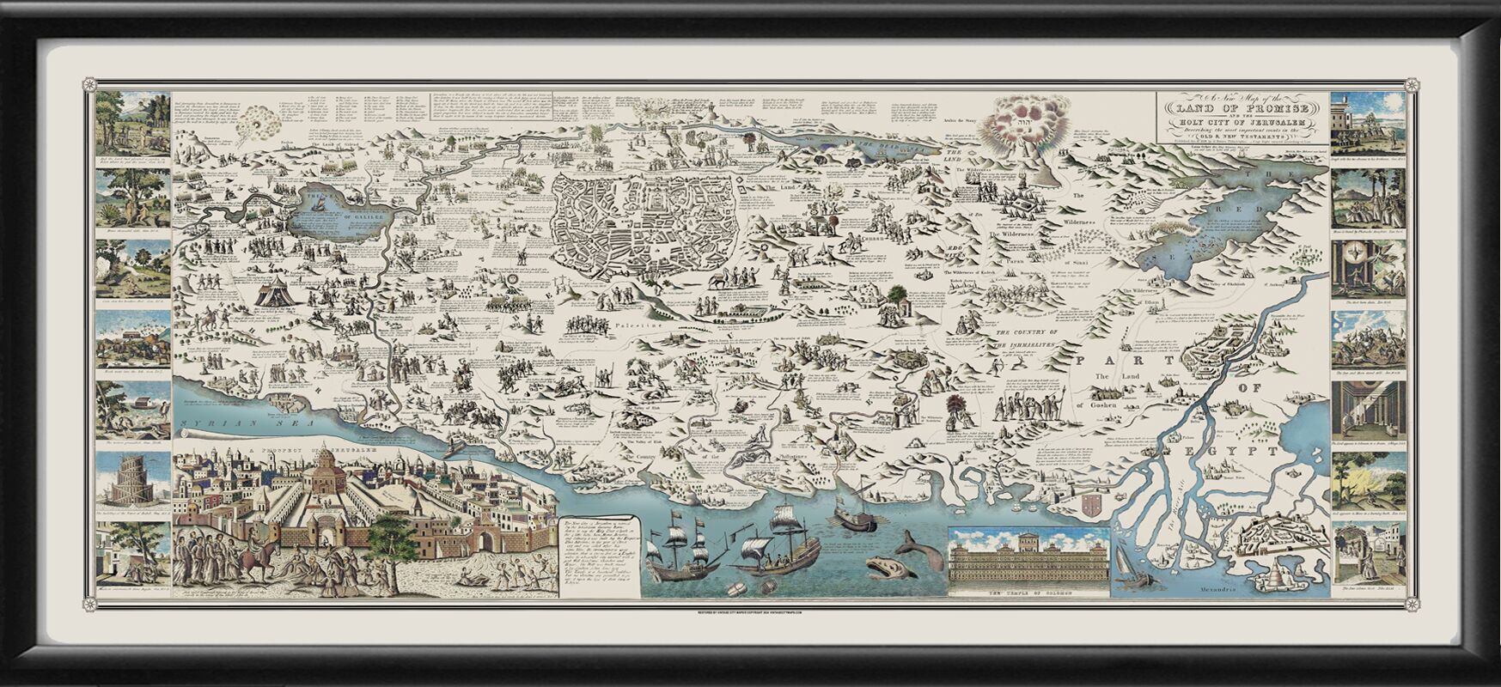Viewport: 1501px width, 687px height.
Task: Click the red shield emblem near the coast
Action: coord(1092,502)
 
